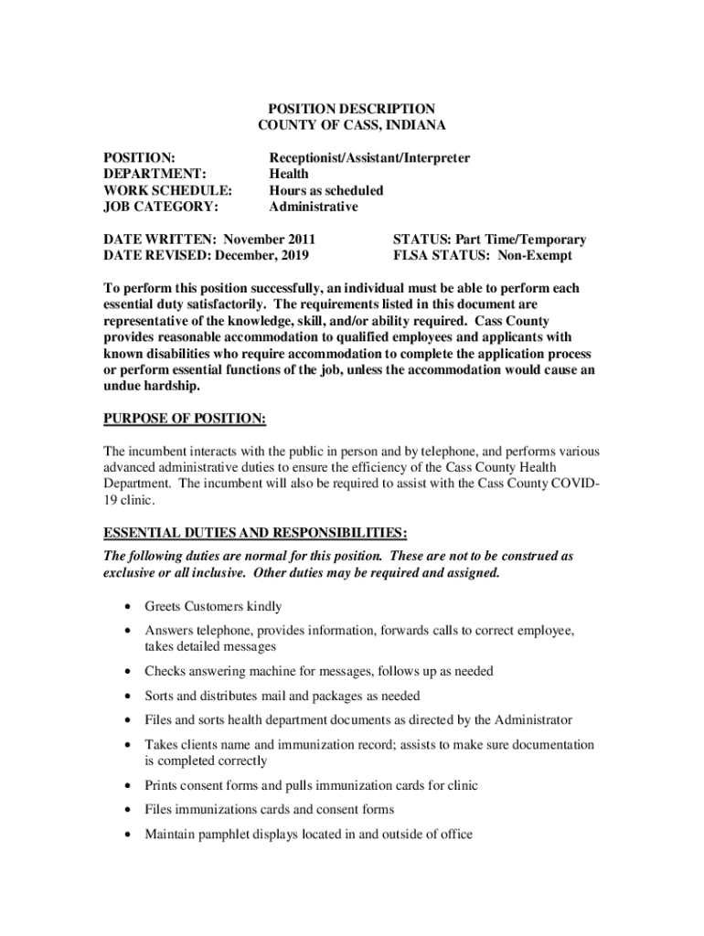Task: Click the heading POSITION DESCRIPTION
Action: [352, 109]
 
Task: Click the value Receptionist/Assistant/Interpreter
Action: [369, 158]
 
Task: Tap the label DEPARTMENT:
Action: [155, 175]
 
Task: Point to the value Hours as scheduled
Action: [325, 191]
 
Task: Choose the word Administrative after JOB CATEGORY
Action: [314, 207]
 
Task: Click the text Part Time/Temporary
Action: [515, 240]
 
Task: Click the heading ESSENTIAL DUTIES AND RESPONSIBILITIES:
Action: [255, 532]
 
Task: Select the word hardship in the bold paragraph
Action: [168, 387]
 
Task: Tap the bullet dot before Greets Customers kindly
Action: [124, 607]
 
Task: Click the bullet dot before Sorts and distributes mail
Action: [124, 697]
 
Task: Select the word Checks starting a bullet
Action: [165, 672]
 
